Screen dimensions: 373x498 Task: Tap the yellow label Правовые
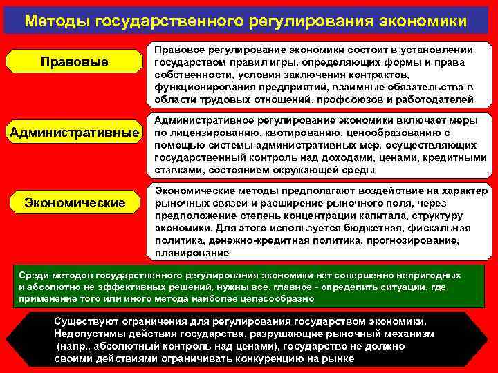click(x=75, y=62)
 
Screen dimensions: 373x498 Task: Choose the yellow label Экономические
click(x=75, y=202)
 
